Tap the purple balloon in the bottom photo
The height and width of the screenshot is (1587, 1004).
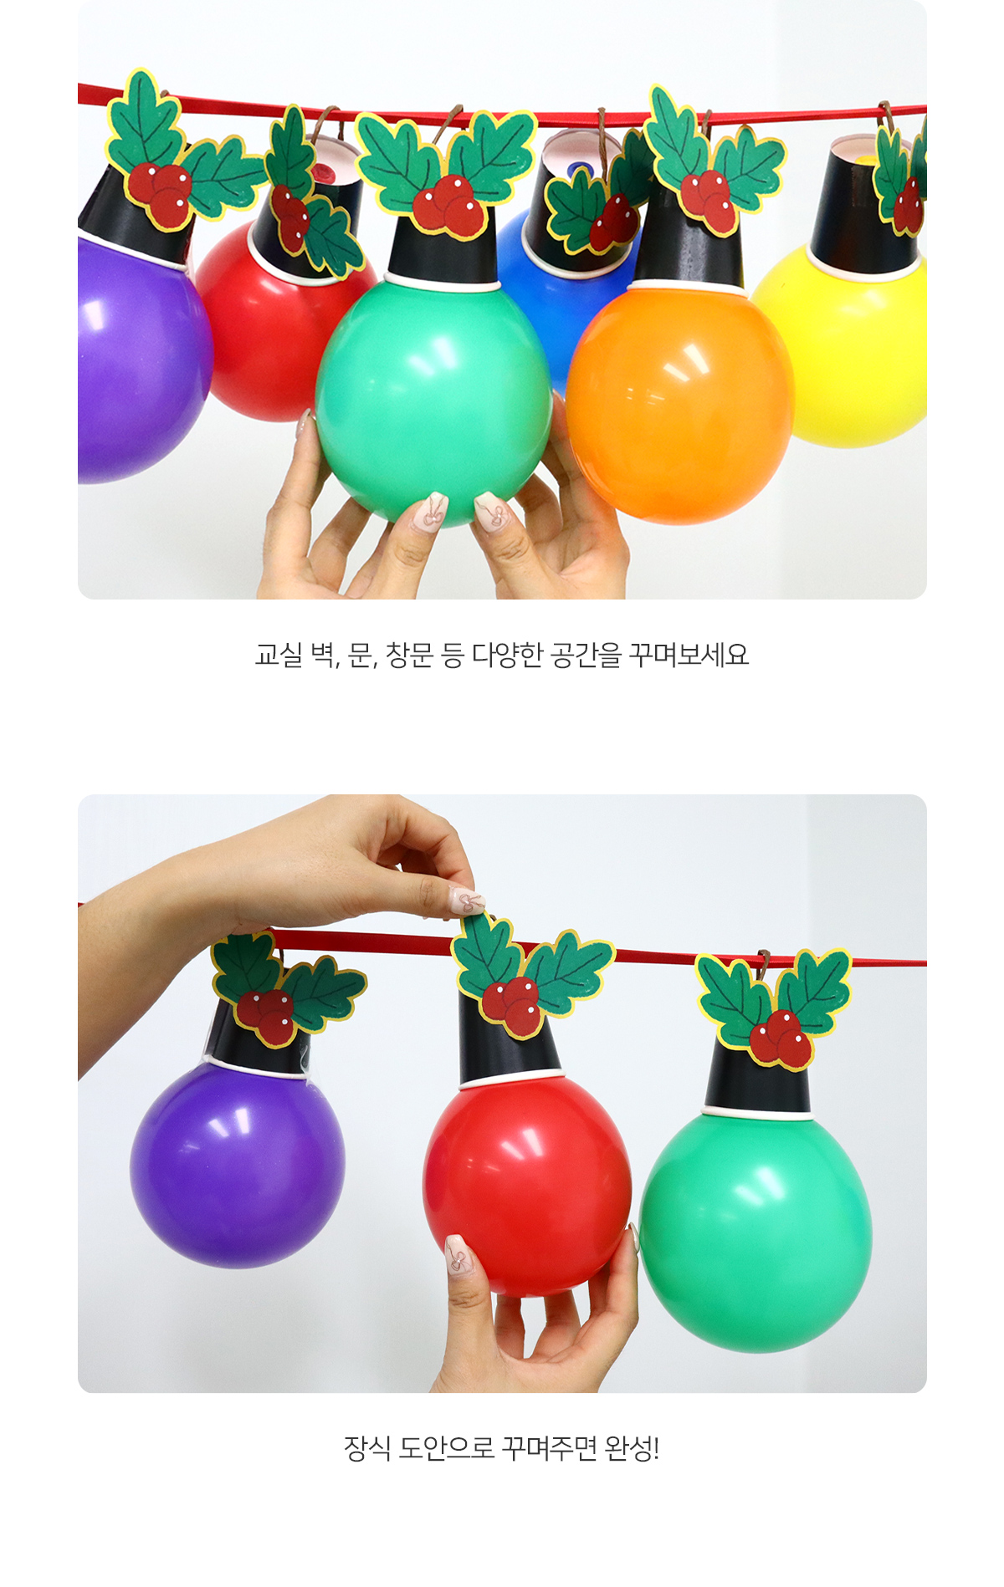tap(238, 1162)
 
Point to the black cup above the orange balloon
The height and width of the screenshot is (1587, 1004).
tap(688, 242)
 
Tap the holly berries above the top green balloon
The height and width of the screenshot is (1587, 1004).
tap(448, 205)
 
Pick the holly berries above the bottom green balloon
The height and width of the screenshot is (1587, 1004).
tap(781, 1039)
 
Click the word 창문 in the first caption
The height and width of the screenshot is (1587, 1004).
tap(409, 655)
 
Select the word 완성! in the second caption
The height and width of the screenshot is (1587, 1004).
tap(632, 1448)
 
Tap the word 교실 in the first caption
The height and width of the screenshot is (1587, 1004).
tap(279, 655)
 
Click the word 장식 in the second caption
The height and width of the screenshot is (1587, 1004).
tap(367, 1448)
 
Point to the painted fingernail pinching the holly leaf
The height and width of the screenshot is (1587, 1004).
tap(466, 901)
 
